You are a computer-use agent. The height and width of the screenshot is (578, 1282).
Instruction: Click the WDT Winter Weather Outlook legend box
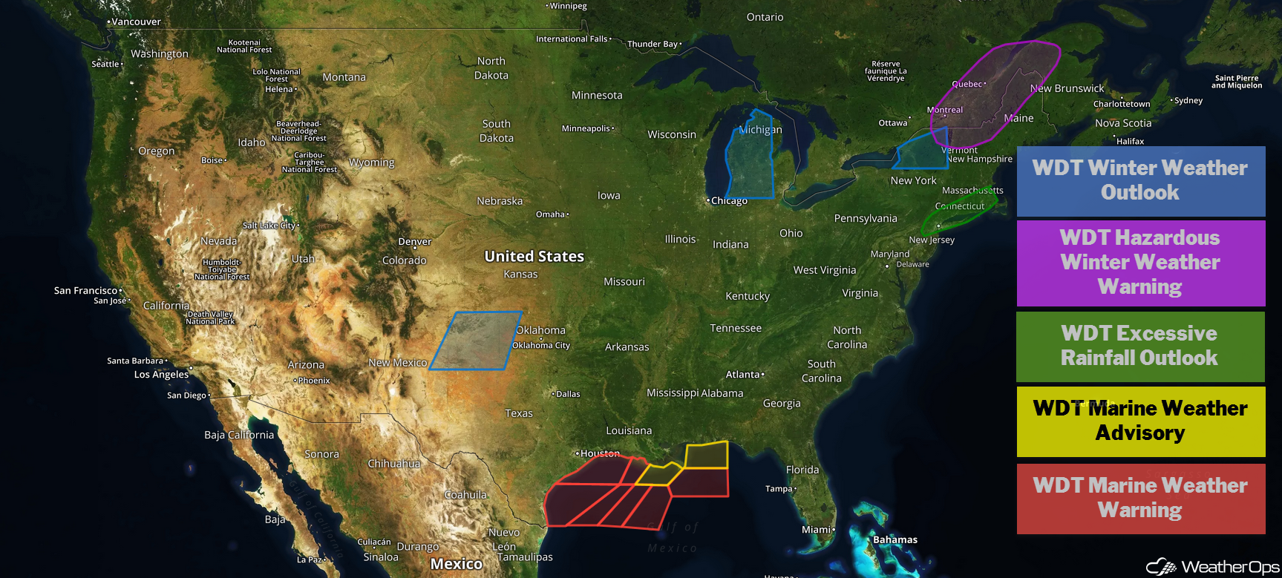[1140, 181]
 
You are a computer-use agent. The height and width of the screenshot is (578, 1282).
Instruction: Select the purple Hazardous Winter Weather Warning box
[1140, 263]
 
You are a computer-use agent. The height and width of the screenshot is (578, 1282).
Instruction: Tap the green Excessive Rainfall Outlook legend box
[1139, 347]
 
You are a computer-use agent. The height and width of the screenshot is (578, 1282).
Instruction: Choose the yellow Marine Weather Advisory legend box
[1140, 421]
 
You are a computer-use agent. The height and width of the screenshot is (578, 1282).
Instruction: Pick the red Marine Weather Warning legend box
[1140, 498]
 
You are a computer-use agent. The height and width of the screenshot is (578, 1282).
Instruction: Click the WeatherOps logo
[1212, 567]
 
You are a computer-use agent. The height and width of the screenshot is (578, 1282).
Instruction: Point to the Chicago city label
[729, 201]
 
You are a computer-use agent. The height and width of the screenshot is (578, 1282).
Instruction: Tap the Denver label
[414, 242]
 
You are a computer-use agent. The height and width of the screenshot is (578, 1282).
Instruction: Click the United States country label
[534, 257]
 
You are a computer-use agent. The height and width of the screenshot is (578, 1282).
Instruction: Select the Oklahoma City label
[541, 345]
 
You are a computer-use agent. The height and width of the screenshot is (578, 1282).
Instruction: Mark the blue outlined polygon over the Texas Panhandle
[476, 341]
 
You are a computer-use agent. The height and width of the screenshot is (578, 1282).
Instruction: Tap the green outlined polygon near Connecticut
[958, 211]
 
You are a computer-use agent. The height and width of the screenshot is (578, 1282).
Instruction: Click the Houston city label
[600, 453]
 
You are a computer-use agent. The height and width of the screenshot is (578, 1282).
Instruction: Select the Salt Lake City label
[269, 226]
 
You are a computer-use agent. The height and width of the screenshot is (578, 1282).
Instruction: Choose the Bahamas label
[895, 539]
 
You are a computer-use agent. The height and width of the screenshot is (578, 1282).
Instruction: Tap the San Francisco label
[85, 291]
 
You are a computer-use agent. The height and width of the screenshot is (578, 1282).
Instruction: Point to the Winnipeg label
[568, 6]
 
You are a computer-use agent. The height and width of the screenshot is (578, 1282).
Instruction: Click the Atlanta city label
[743, 375]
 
